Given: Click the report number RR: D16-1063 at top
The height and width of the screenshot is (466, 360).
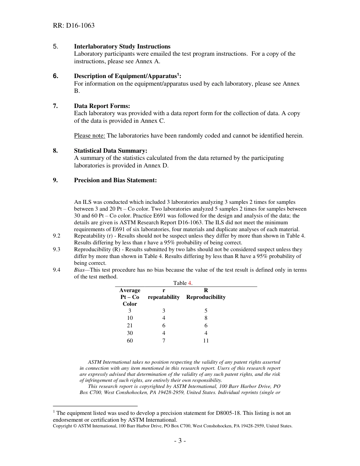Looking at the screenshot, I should coord(74,26).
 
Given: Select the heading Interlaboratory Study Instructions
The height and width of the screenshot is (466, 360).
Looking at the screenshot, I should coord(122,47).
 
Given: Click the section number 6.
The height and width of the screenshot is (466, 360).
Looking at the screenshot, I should coord(55,76).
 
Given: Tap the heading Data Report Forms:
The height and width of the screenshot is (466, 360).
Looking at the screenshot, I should coord(102,106).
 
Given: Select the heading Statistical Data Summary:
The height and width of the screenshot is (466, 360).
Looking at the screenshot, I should coord(111,151).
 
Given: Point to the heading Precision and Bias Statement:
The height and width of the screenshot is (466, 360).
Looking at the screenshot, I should coord(115,180).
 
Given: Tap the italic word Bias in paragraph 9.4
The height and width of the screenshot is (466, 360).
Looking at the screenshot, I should coord(80,270).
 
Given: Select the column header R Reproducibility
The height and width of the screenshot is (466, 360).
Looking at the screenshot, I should coord(206,294).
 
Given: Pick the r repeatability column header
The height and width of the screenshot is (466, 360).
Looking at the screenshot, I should coord(164,294).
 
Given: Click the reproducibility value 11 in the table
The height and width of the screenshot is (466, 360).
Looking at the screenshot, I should coord(206,341).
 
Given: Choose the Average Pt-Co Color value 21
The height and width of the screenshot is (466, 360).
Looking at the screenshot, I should coord(130,325).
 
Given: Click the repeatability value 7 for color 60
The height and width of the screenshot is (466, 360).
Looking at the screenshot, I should coord(164,341).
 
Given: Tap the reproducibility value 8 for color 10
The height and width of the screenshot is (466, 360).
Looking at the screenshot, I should coord(206,318).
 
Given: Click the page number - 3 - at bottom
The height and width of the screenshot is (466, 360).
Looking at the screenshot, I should coord(180,441).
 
